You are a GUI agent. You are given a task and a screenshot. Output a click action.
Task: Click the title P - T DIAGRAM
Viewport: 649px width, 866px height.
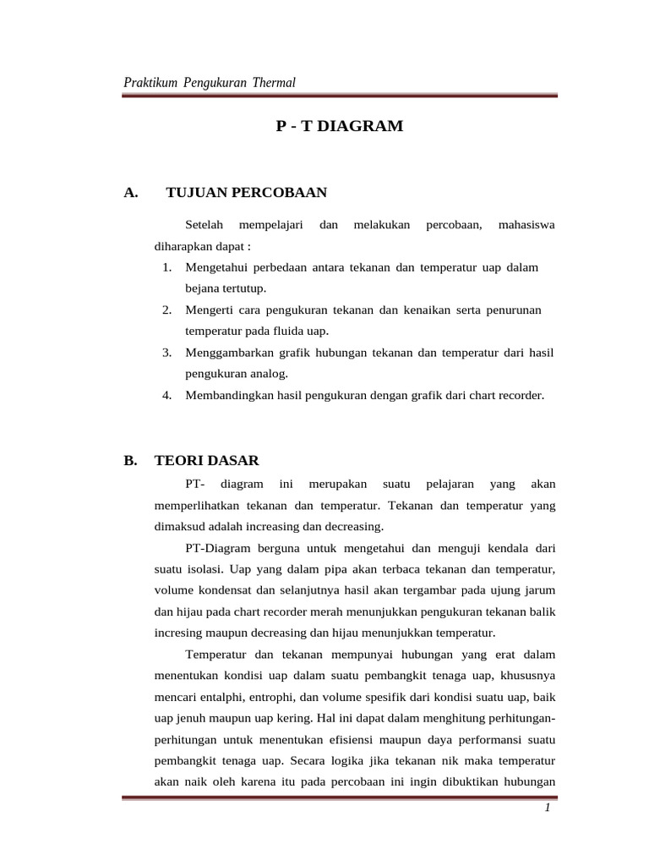coord(340,127)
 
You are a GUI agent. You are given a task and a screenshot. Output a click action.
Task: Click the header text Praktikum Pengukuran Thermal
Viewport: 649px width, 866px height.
coord(210,82)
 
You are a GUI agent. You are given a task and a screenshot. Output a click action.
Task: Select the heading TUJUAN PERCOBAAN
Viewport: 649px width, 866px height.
coord(247,193)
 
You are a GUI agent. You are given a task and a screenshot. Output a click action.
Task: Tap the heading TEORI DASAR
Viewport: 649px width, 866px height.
coord(207,461)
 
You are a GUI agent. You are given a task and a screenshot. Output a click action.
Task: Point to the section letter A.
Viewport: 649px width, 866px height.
coord(130,193)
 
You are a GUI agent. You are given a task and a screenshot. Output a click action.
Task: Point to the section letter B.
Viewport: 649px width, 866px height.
coord(130,461)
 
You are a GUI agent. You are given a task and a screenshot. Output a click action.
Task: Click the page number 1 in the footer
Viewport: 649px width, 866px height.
coord(548,808)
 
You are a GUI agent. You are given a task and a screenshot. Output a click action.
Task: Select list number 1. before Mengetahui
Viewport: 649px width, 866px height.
coord(167,267)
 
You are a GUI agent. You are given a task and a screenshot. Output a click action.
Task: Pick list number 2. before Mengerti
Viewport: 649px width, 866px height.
coord(167,310)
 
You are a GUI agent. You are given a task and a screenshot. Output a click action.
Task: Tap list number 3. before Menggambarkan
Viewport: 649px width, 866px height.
coord(167,352)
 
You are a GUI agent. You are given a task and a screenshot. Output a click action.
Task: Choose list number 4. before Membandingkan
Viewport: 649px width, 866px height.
coord(167,394)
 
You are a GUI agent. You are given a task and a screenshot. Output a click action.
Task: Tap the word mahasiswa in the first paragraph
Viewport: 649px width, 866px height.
coord(526,225)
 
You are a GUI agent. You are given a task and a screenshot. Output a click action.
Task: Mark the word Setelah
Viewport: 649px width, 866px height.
coord(204,225)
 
